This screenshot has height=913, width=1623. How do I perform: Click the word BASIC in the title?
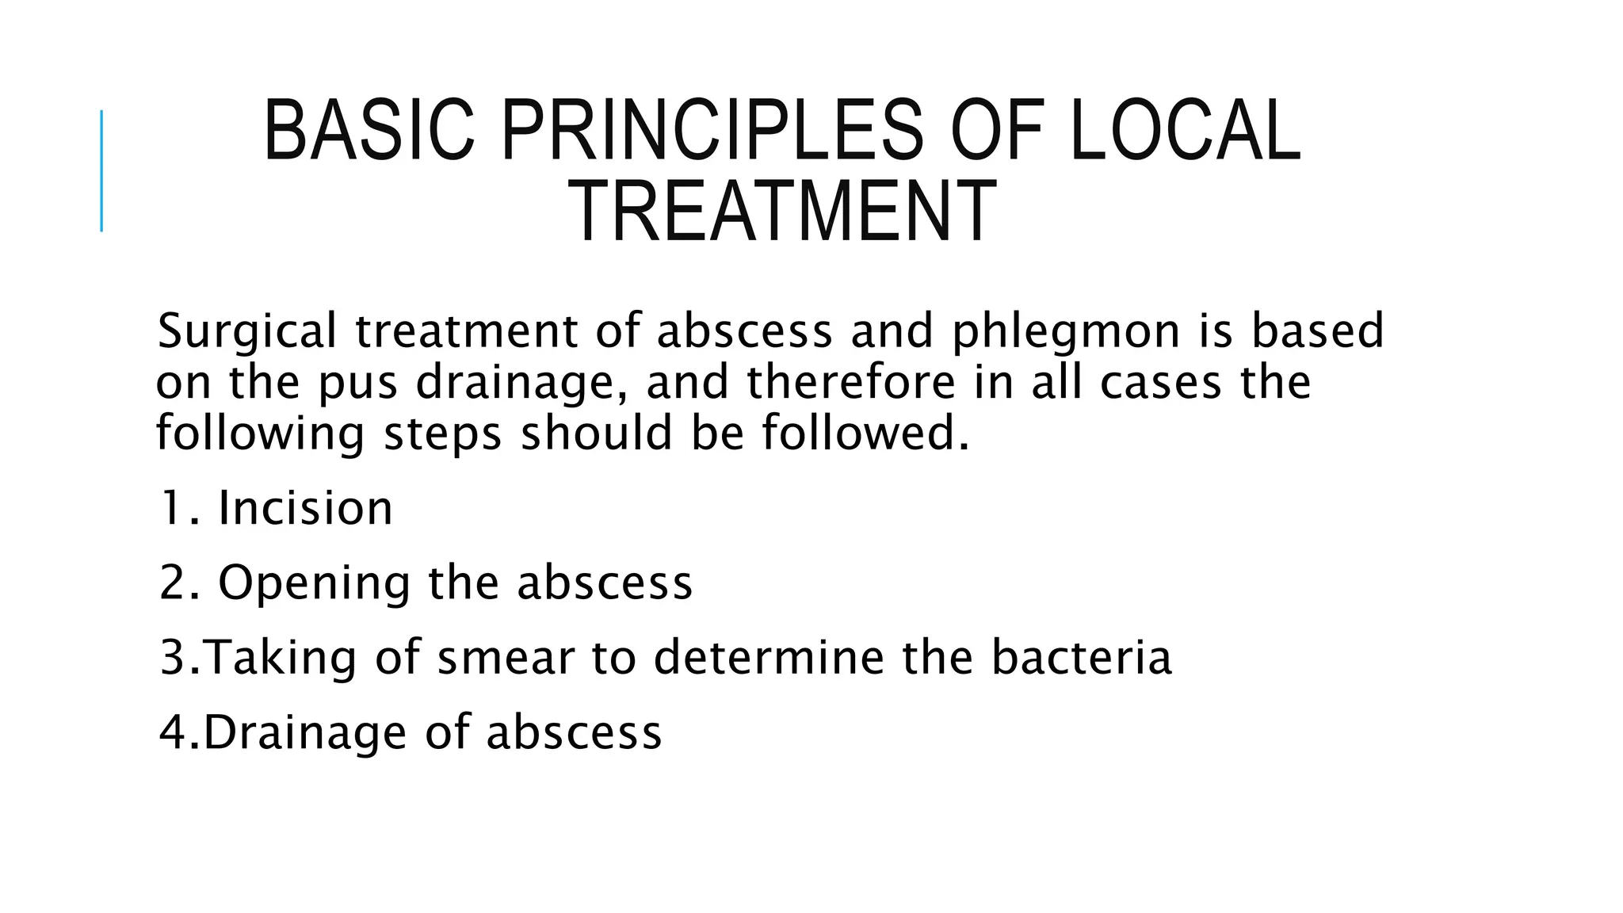click(369, 131)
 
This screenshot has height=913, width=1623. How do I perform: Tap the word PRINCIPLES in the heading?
click(712, 131)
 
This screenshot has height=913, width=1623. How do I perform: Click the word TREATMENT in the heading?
click(782, 212)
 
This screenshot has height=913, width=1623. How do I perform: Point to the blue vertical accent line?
click(101, 170)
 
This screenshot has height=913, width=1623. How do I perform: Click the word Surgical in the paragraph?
click(247, 331)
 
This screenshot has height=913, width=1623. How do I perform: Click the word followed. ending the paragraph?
click(866, 434)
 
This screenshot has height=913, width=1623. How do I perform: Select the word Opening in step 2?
click(314, 583)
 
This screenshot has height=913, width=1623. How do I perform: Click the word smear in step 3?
click(505, 658)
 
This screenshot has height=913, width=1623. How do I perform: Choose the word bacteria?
click(1081, 657)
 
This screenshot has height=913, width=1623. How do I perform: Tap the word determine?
click(769, 657)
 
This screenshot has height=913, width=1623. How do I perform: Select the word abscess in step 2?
click(605, 583)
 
